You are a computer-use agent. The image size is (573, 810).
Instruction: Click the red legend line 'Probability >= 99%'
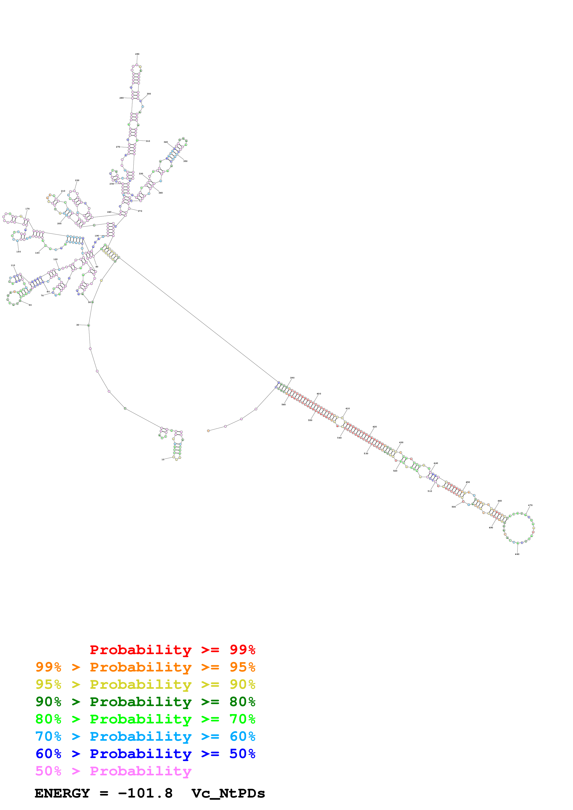tap(172, 650)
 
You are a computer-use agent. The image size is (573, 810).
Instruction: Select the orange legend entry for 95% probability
tap(145, 667)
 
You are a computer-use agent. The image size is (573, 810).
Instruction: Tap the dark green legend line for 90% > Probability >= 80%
tap(145, 702)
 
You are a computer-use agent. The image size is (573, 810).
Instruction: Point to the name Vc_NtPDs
tap(228, 793)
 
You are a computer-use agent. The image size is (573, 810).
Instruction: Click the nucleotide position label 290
tap(137, 54)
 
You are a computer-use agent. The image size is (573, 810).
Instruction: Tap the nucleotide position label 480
tap(517, 554)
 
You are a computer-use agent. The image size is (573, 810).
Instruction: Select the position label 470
tap(530, 505)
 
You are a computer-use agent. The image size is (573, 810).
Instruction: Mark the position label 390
tap(292, 378)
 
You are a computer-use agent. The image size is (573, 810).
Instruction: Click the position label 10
tap(163, 459)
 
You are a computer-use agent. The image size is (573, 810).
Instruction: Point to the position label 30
tap(78, 325)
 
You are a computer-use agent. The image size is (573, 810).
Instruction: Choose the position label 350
tap(185, 161)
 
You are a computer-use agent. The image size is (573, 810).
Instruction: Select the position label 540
tap(339, 438)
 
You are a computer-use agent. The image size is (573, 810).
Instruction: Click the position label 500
tap(454, 507)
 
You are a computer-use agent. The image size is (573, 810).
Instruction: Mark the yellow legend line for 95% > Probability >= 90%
tap(145, 684)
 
